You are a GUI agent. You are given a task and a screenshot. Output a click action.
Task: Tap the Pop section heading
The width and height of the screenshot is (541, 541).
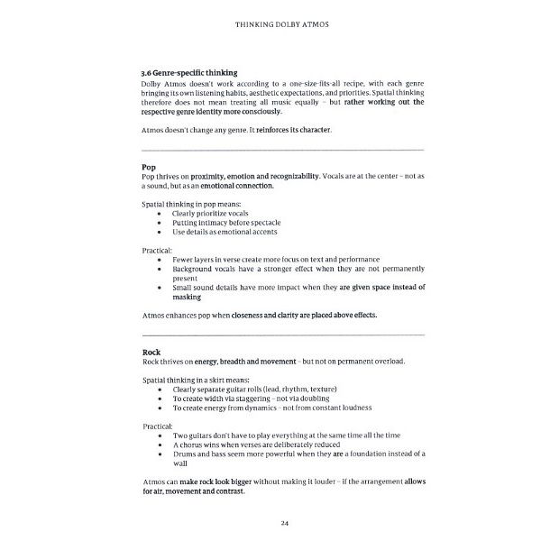pyautogui.click(x=149, y=167)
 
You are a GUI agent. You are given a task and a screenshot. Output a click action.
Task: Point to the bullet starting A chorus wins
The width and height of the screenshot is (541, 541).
pyautogui.click(x=258, y=445)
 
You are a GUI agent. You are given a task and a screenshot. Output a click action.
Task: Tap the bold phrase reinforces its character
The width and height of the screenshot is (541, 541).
pyautogui.click(x=289, y=130)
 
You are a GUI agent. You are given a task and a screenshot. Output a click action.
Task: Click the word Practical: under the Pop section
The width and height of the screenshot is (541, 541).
pyautogui.click(x=157, y=250)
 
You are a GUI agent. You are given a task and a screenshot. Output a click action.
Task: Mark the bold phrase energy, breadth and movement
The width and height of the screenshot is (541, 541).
pyautogui.click(x=245, y=361)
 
